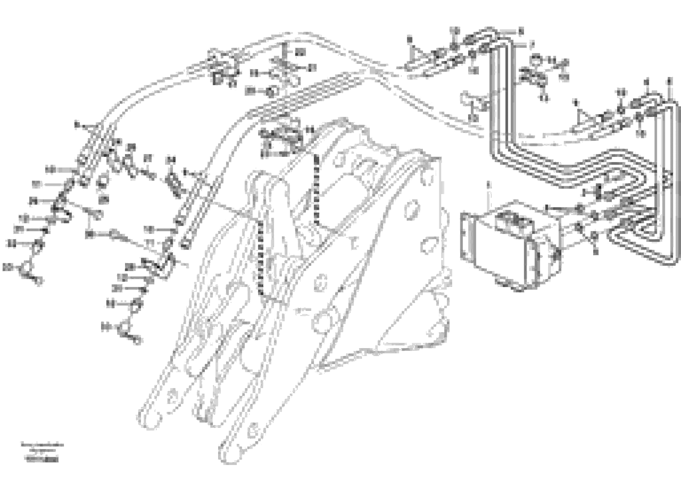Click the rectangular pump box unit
[x=510, y=243]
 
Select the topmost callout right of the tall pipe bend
[x=521, y=30]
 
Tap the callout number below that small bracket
[x=474, y=118]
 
